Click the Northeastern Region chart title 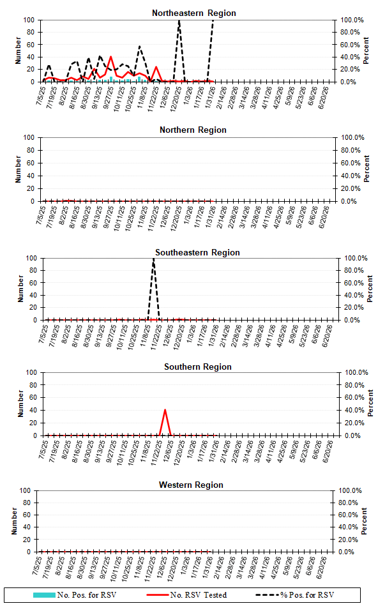coord(193,13)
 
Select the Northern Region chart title coord(193,130)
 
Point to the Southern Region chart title coord(197,367)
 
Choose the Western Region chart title coord(191,485)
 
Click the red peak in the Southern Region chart coord(165,410)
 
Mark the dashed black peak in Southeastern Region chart coord(153,259)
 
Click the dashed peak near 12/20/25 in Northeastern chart coord(179,21)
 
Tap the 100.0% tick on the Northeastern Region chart coord(351,20)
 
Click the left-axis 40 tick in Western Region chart coord(26,527)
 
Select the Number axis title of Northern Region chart coord(20,169)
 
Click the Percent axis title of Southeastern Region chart coord(370,289)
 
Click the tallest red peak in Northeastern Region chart coord(111,57)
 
